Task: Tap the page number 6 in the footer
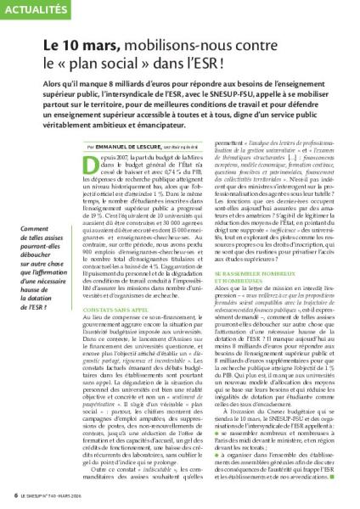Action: point(7,495)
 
